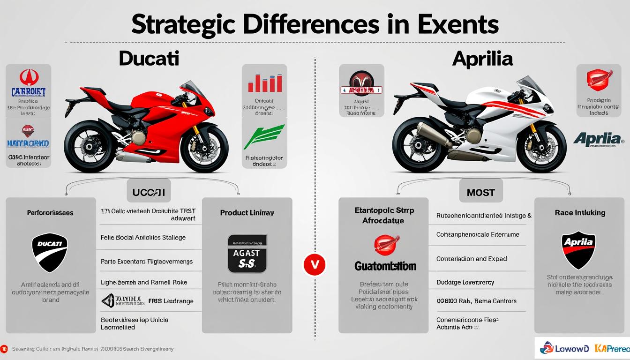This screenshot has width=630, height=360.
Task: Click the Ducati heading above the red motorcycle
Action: [149, 59]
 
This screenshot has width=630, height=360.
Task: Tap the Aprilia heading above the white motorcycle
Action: [482, 59]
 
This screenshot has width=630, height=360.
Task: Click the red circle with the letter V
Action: [315, 265]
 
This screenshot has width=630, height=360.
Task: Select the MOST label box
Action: [481, 193]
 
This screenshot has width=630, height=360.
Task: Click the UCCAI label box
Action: [149, 193]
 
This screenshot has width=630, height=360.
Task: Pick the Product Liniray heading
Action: [247, 213]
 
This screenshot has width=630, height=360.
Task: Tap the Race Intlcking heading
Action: [580, 213]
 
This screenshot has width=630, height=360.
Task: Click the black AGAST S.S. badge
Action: [247, 254]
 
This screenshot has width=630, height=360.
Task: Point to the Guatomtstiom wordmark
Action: [385, 266]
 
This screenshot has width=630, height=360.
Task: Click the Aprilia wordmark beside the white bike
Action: [598, 138]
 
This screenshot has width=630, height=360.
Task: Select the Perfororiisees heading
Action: [50, 213]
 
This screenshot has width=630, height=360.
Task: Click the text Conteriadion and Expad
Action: [472, 259]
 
